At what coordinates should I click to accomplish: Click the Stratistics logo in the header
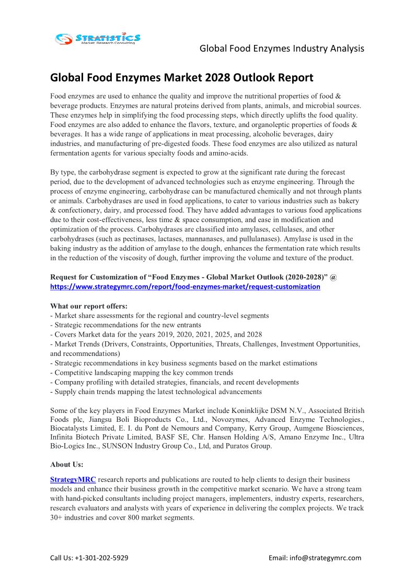click(98, 38)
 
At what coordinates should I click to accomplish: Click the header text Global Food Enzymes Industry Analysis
click(282, 49)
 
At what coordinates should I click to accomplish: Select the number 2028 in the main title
click(214, 78)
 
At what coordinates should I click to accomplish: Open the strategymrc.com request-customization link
click(185, 287)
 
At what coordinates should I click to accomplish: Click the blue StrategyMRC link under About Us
click(73, 479)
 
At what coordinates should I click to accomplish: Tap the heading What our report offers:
click(89, 306)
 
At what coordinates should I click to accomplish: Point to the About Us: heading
click(67, 464)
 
